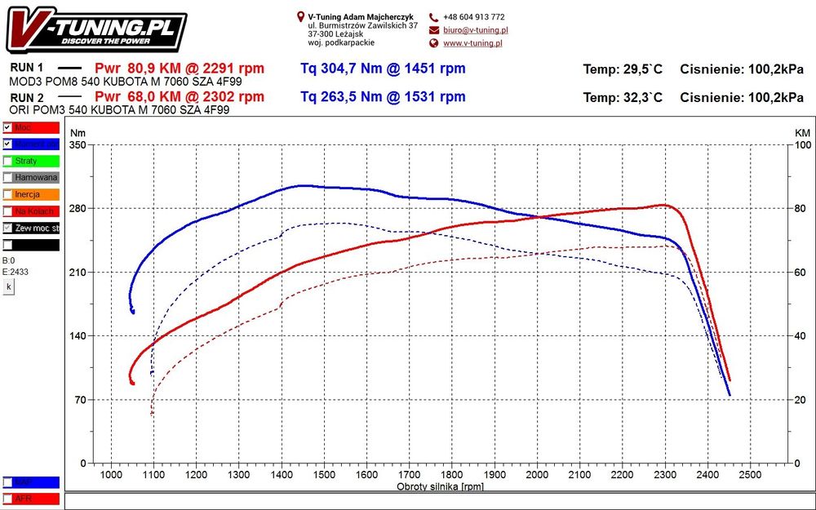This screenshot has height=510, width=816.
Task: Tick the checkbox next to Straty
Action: [7, 162]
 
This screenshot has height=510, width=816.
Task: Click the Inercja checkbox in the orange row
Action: [7, 195]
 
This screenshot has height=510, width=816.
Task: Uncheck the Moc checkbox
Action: [7, 128]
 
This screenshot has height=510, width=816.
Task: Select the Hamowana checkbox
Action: [7, 178]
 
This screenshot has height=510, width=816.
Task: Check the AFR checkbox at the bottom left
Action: [7, 499]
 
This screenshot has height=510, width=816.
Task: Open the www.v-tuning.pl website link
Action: [472, 43]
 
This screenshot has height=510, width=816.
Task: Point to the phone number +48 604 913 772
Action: [473, 17]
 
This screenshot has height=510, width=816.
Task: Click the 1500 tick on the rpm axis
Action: [324, 475]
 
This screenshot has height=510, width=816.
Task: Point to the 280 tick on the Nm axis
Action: [78, 209]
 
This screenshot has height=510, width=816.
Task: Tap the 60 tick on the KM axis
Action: [802, 273]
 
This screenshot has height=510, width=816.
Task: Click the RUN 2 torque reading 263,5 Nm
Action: [383, 97]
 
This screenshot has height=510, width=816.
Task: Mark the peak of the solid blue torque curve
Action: [304, 185]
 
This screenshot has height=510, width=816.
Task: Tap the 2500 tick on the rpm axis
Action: [750, 475]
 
